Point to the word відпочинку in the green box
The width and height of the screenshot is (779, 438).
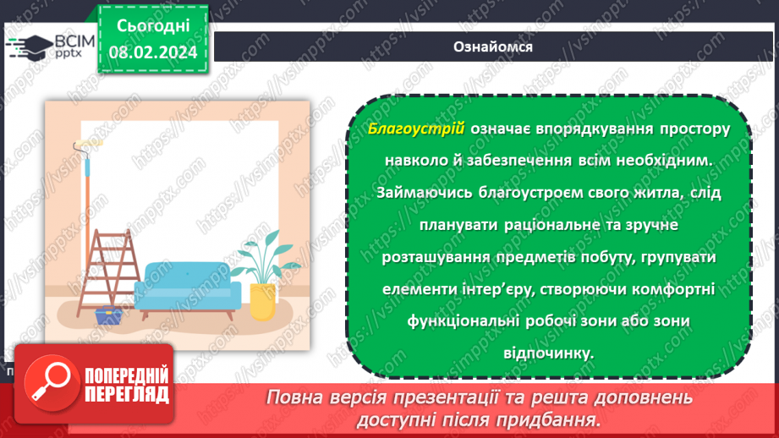point(551,353)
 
